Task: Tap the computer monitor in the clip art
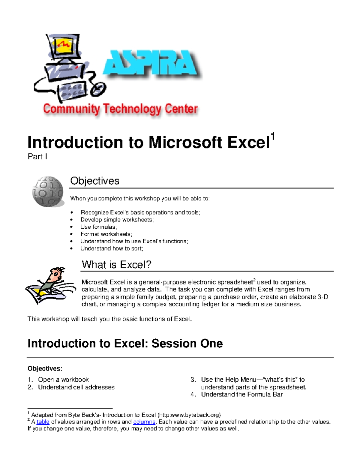pos(64,47)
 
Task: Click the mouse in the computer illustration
pos(99,89)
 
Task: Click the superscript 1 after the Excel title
pos(273,137)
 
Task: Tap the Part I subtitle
pos(37,157)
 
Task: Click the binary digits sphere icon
pos(48,191)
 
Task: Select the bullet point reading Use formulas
pos(98,227)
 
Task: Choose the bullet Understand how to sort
pos(112,248)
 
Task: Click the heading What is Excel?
pos(116,264)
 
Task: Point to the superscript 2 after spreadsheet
pos(254,280)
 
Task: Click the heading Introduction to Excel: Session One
pos(125,343)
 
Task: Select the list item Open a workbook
pos(63,380)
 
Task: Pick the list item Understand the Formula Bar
pos(242,394)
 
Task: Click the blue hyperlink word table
pos(43,422)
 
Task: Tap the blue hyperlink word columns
pos(144,422)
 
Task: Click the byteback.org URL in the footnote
pos(189,415)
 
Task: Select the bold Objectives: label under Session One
pos(45,368)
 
